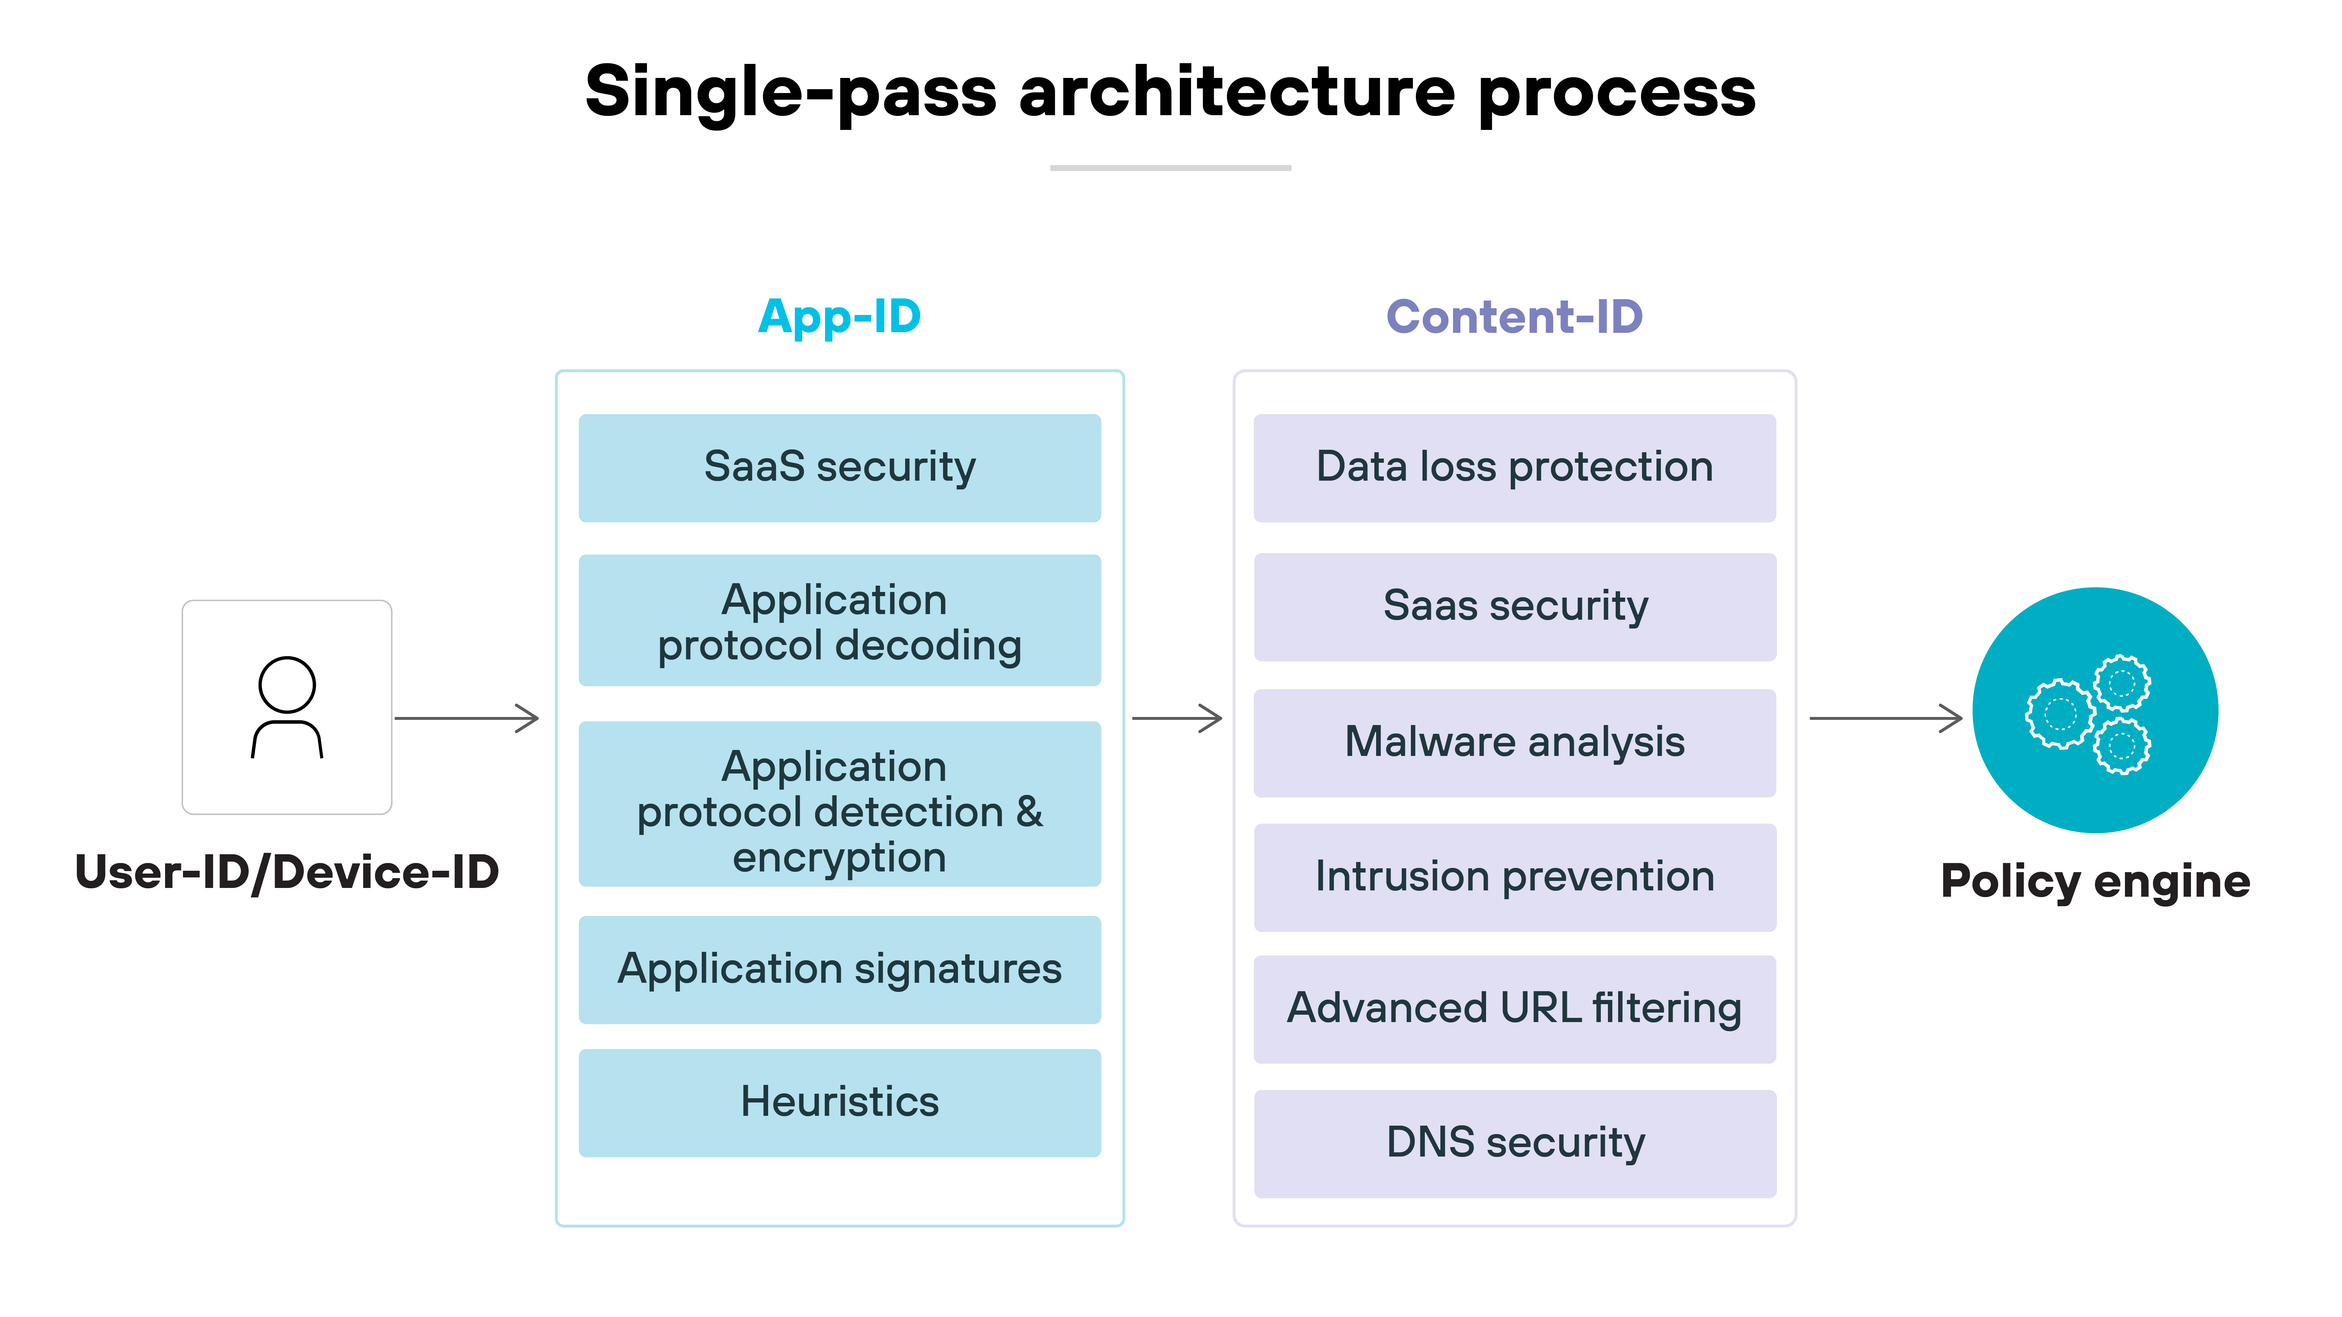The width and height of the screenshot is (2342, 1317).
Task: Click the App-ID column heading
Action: (839, 317)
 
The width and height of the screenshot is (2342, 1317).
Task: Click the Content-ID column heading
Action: (1514, 317)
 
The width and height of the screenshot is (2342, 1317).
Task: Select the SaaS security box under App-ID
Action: (839, 468)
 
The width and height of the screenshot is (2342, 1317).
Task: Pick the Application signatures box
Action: (839, 969)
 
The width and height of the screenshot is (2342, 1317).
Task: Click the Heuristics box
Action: (839, 1102)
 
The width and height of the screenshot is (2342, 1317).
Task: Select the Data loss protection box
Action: (1514, 468)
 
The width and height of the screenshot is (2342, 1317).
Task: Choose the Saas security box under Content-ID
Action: (1514, 606)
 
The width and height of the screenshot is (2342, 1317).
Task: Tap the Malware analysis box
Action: (1514, 743)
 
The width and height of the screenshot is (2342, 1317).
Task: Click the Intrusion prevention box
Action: (1514, 877)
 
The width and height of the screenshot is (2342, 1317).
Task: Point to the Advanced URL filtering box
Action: (1514, 1009)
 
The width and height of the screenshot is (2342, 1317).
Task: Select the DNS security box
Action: (1514, 1144)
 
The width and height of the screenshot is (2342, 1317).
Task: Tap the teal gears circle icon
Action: (2095, 710)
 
